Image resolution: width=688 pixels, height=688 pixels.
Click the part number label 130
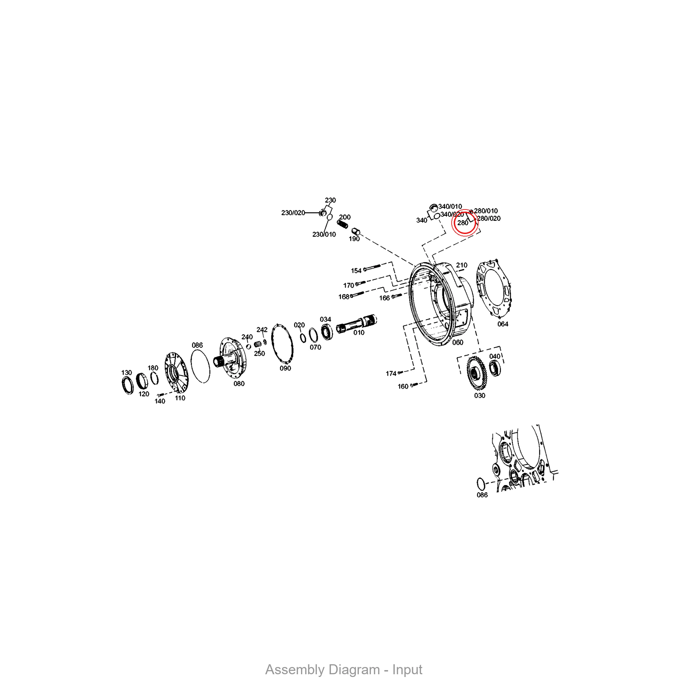click(126, 373)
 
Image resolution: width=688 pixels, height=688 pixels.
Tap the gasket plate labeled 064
click(494, 289)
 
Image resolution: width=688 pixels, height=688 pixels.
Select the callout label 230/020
click(293, 213)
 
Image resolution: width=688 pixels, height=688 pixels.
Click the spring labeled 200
click(343, 224)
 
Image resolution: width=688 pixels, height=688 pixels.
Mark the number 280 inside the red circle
click(463, 223)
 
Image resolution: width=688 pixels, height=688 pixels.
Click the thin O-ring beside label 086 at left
click(201, 366)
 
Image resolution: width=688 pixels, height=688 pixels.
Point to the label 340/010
click(450, 206)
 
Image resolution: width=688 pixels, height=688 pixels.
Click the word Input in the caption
click(407, 670)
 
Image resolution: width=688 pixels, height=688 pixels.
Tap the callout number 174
click(391, 374)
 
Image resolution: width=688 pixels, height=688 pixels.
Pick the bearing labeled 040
click(495, 368)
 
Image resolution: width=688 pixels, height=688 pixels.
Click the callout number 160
click(403, 386)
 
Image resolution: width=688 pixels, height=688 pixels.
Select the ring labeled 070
click(313, 335)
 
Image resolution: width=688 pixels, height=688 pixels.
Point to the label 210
click(462, 265)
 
